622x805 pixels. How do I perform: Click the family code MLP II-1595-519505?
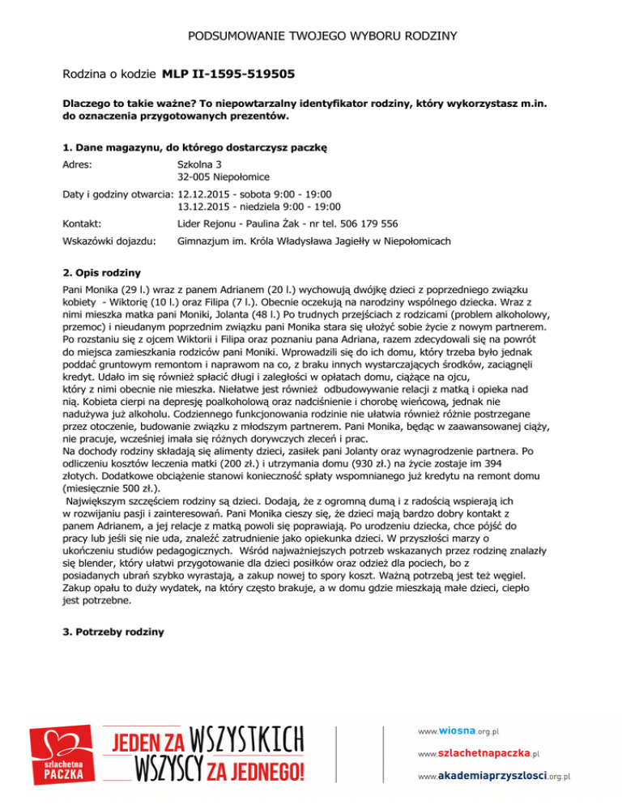point(228,75)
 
